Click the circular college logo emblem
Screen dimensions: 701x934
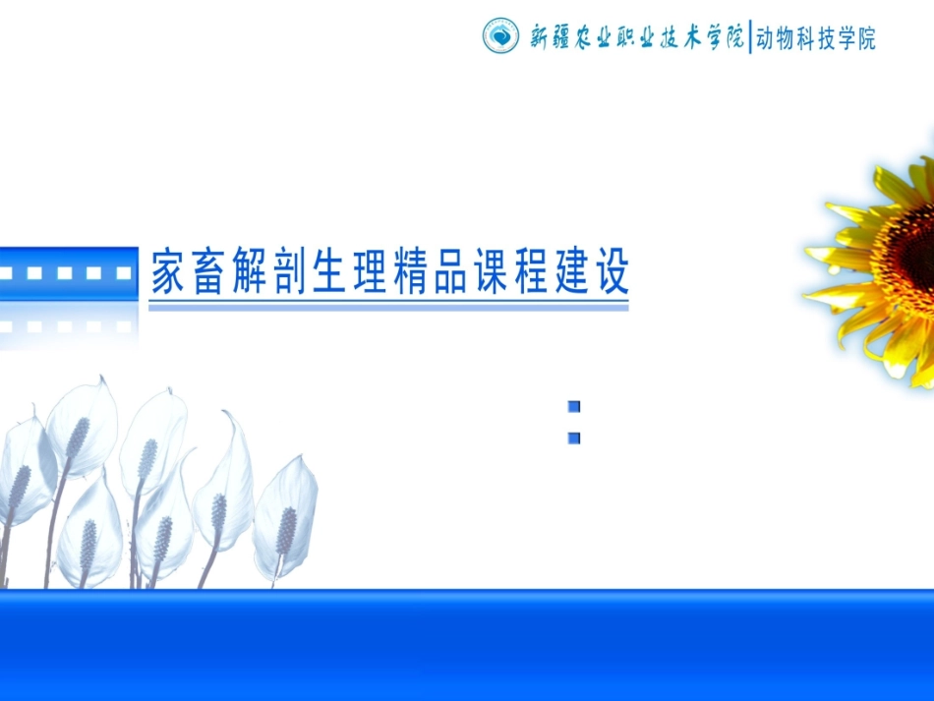click(500, 36)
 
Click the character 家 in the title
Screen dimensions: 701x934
click(168, 272)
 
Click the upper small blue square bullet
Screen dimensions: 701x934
click(574, 406)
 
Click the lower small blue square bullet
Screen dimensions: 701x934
click(574, 438)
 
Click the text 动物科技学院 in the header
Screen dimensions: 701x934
click(815, 38)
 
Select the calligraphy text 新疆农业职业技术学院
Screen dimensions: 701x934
click(637, 37)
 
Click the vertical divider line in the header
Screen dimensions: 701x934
click(750, 37)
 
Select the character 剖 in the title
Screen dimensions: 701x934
click(288, 272)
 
